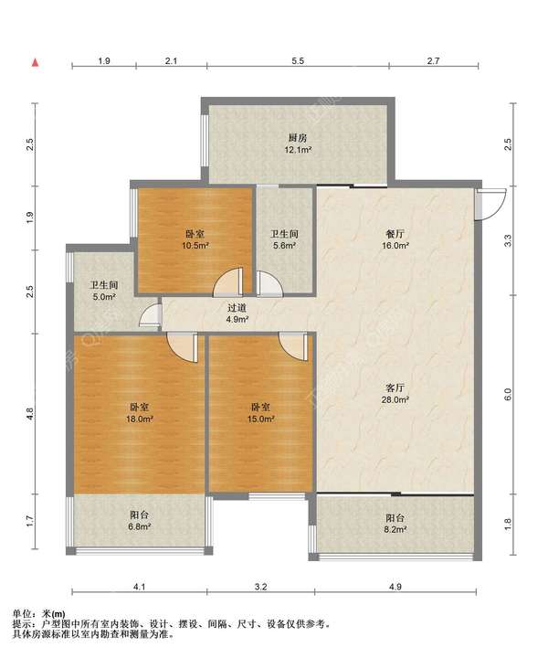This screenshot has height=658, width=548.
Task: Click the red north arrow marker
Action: [x=36, y=63]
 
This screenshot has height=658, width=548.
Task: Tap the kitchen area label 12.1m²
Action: [x=298, y=149]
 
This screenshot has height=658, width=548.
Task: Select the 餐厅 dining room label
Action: [x=395, y=234]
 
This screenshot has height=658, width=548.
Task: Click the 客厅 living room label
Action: [x=395, y=387]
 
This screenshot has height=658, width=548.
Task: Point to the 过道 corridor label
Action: [x=237, y=308]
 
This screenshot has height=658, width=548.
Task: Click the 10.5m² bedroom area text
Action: [x=195, y=246]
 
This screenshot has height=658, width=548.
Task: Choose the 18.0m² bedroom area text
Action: [x=140, y=419]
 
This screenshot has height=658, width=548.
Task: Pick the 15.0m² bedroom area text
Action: [x=261, y=419]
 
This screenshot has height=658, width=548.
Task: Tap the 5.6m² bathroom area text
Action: [x=285, y=246]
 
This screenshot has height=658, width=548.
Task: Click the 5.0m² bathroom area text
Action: [x=104, y=297]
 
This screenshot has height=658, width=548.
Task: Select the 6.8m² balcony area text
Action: [x=139, y=526]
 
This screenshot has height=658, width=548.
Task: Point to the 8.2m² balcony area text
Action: [x=395, y=529]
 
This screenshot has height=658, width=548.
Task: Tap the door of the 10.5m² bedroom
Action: [x=228, y=281]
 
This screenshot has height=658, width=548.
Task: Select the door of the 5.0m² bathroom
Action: [x=151, y=314]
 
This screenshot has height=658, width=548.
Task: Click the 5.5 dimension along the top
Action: [x=298, y=61]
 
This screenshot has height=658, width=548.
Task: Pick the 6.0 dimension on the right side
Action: [x=508, y=395]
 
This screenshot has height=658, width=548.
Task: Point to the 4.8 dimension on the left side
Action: [x=29, y=413]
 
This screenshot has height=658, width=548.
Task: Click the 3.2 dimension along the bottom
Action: [x=261, y=587]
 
